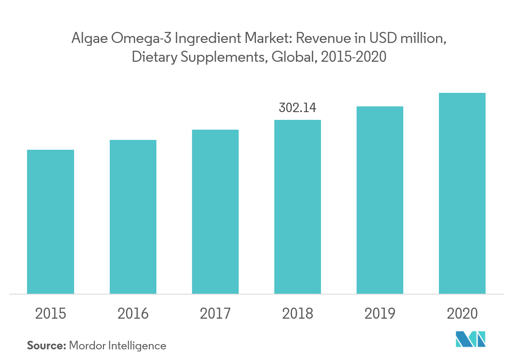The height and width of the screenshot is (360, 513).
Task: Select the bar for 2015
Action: click(50, 221)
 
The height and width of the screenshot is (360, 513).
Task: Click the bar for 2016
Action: click(133, 216)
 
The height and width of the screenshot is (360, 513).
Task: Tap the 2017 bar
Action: click(215, 211)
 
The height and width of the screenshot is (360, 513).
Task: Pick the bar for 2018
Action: click(298, 207)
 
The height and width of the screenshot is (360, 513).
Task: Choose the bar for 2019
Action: click(380, 200)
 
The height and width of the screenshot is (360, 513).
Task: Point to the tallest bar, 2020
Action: click(462, 193)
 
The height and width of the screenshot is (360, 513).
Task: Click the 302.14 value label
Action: click(298, 108)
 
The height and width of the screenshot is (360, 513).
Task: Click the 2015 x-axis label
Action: click(50, 314)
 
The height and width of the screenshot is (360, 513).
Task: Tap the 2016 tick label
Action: click(133, 314)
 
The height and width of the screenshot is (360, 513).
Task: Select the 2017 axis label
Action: click(215, 314)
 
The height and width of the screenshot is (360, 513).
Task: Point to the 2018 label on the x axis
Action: click(298, 314)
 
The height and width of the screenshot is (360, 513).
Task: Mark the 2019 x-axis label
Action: click(380, 314)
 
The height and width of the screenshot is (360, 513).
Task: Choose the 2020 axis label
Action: click(462, 314)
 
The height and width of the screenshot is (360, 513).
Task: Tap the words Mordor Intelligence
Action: click(118, 346)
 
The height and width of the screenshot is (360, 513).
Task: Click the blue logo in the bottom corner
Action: click(470, 339)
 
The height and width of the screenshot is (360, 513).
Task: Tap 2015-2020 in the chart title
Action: click(354, 57)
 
